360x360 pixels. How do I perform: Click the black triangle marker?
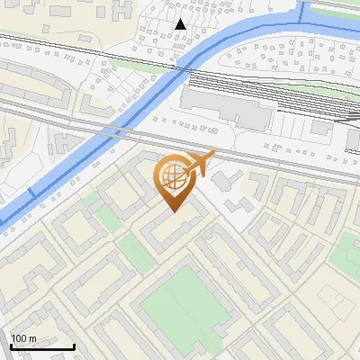(x=182, y=23)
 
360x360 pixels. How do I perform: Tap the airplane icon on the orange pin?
(x=200, y=163)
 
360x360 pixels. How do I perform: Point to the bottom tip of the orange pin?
(x=173, y=211)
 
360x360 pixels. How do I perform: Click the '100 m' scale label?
(x=23, y=338)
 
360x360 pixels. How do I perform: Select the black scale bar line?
(x=41, y=346)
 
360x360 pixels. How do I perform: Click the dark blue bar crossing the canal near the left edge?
(x=31, y=193)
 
